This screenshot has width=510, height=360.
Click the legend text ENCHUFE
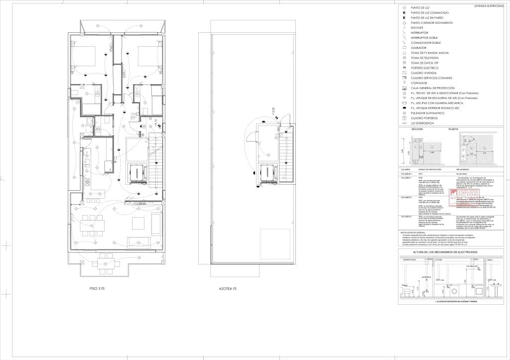click(x=417, y=27)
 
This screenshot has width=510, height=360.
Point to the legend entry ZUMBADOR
click(x=419, y=47)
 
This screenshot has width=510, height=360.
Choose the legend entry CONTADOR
click(x=419, y=83)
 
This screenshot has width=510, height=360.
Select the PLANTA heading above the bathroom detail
click(x=453, y=129)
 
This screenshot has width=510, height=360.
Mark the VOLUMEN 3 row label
click(x=407, y=217)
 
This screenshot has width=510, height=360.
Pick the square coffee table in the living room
click(x=138, y=223)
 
